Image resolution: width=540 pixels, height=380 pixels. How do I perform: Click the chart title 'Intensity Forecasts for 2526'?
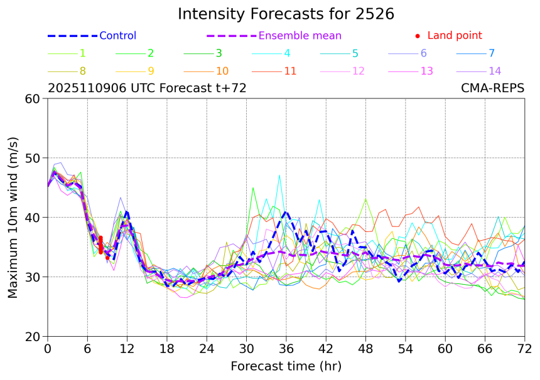pyautogui.click(x=286, y=14)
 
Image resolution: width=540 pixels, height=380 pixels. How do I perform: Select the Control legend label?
pyautogui.click(x=117, y=36)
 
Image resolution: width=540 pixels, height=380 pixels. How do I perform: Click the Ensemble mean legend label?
pyautogui.click(x=300, y=36)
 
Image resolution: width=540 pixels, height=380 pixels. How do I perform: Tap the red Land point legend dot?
pyautogui.click(x=418, y=36)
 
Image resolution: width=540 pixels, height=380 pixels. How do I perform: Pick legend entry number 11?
pyautogui.click(x=290, y=71)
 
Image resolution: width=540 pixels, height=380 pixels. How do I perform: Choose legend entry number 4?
pyautogui.click(x=287, y=53)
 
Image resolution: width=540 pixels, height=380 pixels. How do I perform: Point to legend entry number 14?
pyautogui.click(x=495, y=71)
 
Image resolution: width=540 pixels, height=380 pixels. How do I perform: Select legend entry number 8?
pyautogui.click(x=82, y=71)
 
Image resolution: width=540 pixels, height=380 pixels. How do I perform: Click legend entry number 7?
pyautogui.click(x=492, y=53)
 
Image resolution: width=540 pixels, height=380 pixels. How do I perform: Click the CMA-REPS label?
pyautogui.click(x=493, y=88)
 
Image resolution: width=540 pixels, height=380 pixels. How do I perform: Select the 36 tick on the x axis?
pyautogui.click(x=286, y=348)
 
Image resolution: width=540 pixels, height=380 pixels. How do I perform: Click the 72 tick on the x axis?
pyautogui.click(x=525, y=348)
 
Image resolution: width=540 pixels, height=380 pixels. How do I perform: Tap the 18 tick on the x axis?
pyautogui.click(x=167, y=348)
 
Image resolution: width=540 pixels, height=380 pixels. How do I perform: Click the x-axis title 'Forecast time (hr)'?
pyautogui.click(x=286, y=366)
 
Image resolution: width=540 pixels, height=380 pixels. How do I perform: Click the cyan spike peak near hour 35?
pyautogui.click(x=279, y=176)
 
